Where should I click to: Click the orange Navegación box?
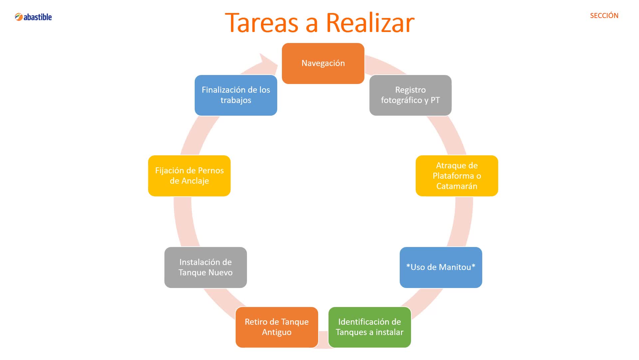tap(323, 63)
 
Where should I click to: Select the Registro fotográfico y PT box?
tap(410, 95)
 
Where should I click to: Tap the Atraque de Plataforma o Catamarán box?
tap(457, 176)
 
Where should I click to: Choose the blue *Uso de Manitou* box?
tap(441, 267)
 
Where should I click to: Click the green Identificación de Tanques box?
tap(369, 327)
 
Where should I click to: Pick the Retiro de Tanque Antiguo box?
tap(277, 327)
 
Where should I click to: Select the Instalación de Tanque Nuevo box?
tap(205, 267)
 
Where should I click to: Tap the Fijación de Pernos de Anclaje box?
tap(189, 176)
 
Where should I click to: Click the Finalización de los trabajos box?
tap(236, 95)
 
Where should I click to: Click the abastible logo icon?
tap(19, 17)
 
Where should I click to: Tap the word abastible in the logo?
tap(38, 17)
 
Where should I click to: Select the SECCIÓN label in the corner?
tap(604, 16)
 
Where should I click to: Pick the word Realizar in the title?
tap(370, 23)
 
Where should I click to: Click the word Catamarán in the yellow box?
tap(457, 186)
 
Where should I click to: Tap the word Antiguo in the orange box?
tap(277, 332)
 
